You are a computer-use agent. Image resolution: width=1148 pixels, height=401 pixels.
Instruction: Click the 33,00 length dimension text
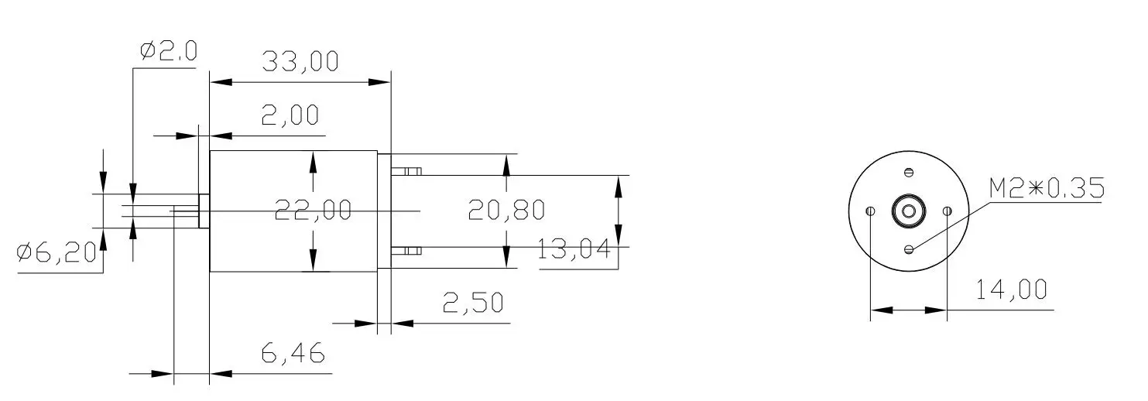300,62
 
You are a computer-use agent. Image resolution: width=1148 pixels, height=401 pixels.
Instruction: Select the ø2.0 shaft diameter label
168,51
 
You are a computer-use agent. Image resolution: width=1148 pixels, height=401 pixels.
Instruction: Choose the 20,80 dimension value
506,210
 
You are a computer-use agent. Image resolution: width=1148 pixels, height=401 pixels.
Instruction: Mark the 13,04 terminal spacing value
574,250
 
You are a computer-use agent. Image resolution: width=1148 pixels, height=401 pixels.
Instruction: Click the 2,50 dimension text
472,303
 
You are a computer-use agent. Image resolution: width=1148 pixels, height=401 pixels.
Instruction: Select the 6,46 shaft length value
292,355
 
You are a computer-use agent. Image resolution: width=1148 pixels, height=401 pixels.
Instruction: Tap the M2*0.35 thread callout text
1046,188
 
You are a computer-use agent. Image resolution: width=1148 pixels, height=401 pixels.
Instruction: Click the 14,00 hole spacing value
1011,290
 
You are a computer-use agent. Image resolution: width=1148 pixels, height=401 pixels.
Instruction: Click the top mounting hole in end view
909,172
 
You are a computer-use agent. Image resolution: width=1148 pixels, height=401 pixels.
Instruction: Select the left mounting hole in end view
871,211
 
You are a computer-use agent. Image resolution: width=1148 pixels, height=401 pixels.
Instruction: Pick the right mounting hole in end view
947,211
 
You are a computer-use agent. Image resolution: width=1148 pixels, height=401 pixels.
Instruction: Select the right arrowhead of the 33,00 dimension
381,81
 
